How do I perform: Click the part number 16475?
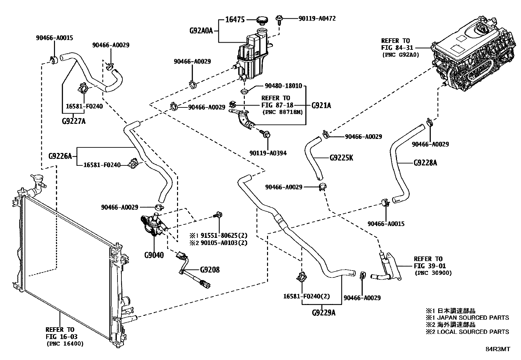(235, 20)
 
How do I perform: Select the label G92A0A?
(201, 31)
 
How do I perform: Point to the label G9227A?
(74, 121)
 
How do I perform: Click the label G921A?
(321, 105)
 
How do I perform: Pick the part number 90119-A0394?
(268, 153)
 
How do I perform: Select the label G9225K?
(341, 158)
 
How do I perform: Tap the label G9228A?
(425, 163)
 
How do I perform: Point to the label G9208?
(210, 270)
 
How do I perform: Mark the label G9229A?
(324, 313)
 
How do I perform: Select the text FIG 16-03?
(62, 336)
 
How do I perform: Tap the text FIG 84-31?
(396, 48)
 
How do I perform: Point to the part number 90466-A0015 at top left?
(54, 38)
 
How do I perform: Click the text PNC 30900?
(433, 273)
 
